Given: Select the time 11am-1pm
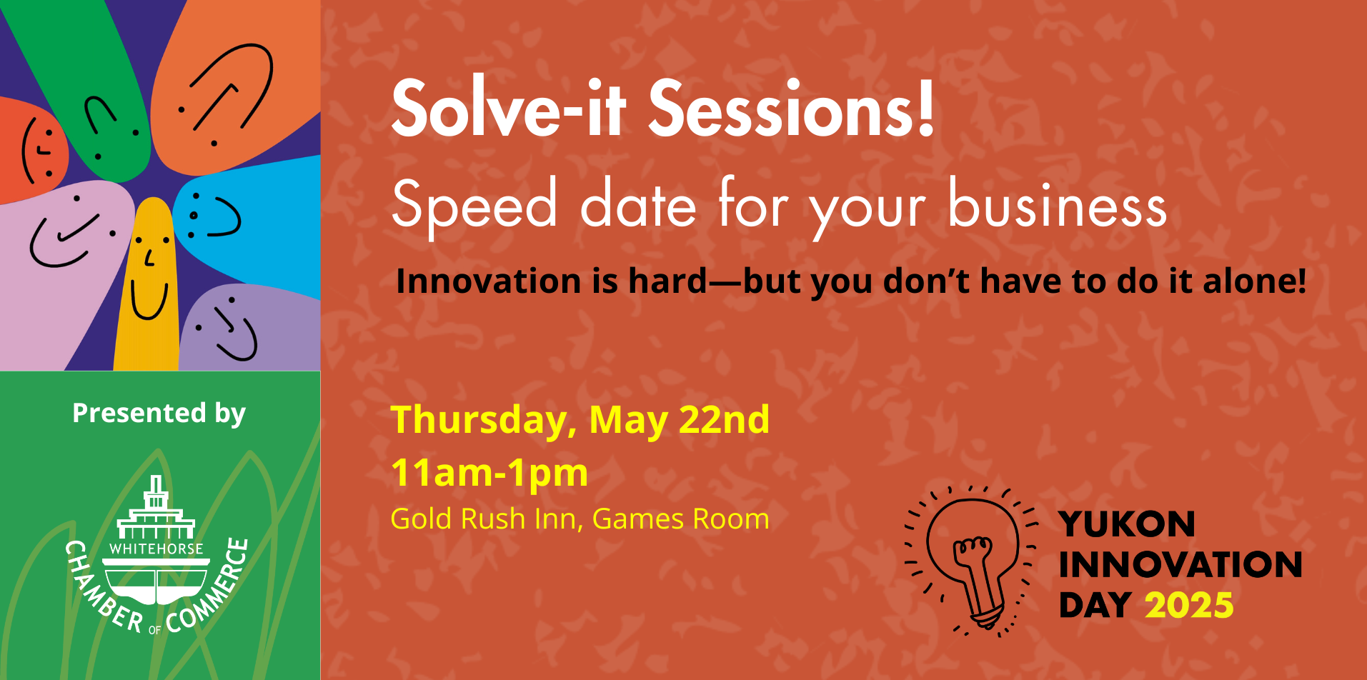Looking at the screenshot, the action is coord(489,473).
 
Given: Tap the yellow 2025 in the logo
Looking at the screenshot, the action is coord(1189,605).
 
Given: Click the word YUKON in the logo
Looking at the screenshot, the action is coord(1127,524).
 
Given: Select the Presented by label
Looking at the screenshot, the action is coord(159,413).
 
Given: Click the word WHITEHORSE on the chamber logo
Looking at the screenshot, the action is coord(156,549).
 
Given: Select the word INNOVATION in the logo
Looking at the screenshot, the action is coord(1180,564).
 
